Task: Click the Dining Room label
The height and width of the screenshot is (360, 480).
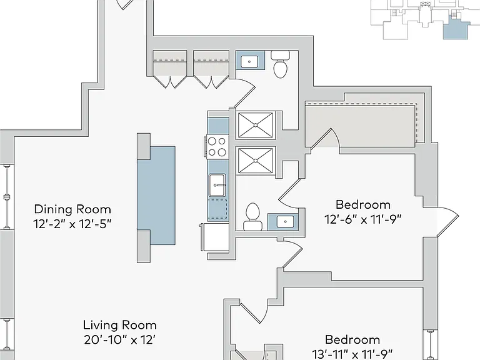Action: pos(72,209)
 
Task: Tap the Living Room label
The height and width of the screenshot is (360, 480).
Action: pos(120,325)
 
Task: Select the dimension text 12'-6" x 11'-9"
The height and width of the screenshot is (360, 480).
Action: pos(363,219)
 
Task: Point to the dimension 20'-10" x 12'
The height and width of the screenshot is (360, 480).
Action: pos(120,339)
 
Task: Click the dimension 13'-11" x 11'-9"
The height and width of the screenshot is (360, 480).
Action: pos(352,354)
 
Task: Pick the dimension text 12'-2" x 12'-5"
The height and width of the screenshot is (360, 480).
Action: pos(72,224)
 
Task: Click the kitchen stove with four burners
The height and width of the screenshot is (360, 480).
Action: pos(217,147)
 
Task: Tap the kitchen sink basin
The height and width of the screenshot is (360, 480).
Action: pos(217,185)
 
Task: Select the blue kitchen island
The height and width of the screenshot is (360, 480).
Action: pos(156,195)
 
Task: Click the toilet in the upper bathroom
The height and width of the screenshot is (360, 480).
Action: pos(281,64)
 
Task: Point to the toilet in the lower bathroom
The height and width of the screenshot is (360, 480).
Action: pos(253,217)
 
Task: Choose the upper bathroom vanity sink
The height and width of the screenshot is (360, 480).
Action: pos(249,61)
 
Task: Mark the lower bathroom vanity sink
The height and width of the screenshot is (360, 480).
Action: pos(285,221)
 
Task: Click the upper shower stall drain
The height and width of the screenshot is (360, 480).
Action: pos(255,125)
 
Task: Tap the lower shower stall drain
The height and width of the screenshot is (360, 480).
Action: pos(255,160)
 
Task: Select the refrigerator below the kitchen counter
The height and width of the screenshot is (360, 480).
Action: pos(216,237)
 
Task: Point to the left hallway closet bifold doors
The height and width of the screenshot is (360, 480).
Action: pos(170,82)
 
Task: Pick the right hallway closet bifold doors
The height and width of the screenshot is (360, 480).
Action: pos(211,82)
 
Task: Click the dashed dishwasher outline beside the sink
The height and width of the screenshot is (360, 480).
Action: pos(218,209)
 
